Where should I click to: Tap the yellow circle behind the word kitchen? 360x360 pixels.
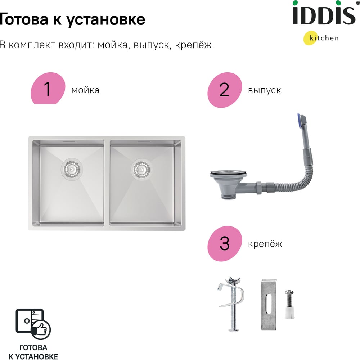310,38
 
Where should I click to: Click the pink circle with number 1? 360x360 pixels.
48,89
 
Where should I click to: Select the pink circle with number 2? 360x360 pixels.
225,90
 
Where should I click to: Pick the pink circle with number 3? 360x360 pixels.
225,243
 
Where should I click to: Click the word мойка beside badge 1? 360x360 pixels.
85,90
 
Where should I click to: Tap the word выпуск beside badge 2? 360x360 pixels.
264,90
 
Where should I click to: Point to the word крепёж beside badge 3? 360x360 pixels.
265,244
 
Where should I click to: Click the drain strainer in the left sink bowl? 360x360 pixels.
72,170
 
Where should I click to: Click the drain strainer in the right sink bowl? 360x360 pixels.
142,170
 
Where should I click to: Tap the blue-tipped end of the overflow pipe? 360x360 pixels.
300,120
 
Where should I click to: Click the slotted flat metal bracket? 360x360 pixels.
269,305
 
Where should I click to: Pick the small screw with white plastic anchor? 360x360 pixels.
289,304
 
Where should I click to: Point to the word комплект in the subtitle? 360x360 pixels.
32,45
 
